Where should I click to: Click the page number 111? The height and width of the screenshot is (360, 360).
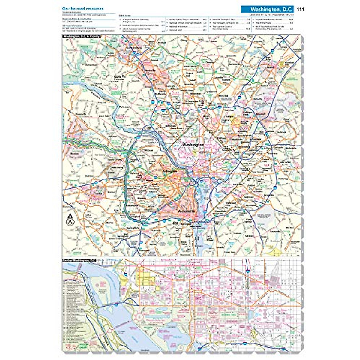(300, 9)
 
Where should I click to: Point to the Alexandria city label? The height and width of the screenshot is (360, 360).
(187, 211)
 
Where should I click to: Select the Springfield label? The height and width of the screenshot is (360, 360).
(134, 228)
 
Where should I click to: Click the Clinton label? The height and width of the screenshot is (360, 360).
(250, 236)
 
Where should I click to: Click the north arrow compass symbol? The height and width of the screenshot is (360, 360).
(70, 219)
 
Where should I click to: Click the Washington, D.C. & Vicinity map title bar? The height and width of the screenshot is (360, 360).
(81, 37)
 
